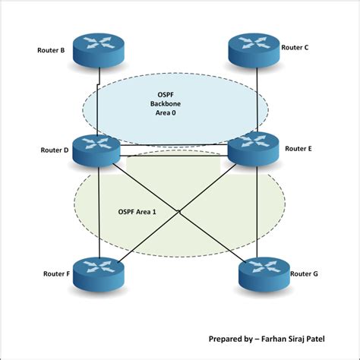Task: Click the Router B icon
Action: pos(99,52)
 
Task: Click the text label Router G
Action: pos(305,271)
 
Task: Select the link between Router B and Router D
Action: pos(99,99)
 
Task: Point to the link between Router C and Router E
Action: pos(257,99)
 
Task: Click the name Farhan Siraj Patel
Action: pos(304,339)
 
